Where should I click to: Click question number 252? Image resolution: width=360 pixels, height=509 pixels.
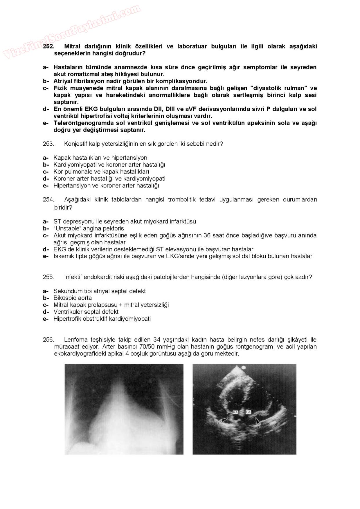(48, 46)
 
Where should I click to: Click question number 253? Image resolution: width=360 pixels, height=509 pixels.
(48, 144)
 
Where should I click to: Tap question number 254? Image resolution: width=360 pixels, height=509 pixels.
(48, 199)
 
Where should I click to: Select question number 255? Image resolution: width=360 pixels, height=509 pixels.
(48, 277)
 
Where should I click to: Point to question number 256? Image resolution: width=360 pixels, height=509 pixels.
(48, 340)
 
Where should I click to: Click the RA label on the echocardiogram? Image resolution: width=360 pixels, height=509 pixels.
(235, 412)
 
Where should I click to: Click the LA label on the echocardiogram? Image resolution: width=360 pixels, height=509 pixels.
(248, 412)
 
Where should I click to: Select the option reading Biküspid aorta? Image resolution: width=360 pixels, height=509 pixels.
(73, 298)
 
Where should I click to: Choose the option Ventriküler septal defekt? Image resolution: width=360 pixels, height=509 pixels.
(86, 312)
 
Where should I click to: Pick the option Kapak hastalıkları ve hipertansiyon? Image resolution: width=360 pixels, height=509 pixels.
(100, 158)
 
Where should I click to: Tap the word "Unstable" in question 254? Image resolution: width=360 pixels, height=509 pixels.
(66, 228)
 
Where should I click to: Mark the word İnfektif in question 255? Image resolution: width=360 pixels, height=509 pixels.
(73, 277)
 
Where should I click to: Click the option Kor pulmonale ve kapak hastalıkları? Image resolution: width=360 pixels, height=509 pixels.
(101, 172)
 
